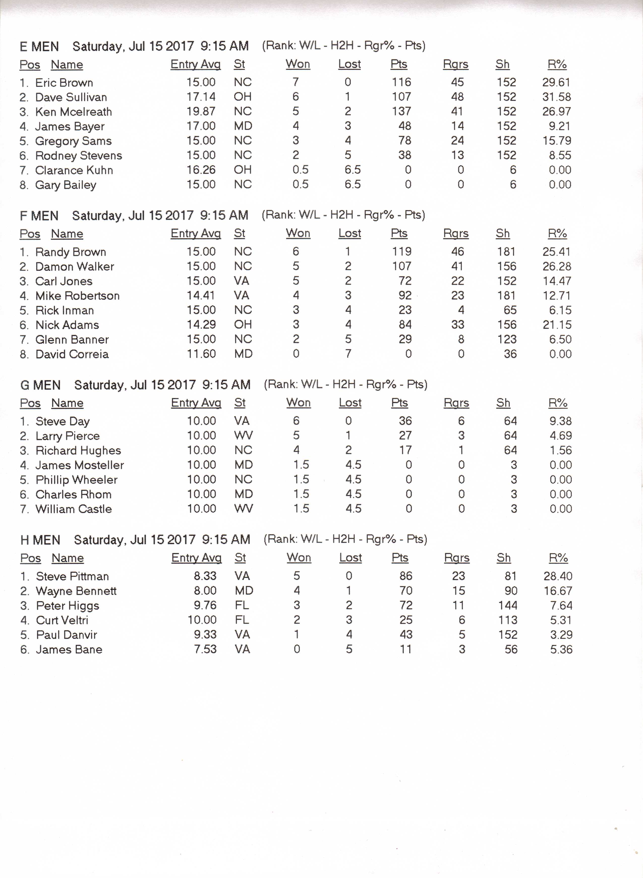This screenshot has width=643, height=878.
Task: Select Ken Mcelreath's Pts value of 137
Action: click(x=401, y=111)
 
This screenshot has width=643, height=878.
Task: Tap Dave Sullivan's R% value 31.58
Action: click(x=556, y=97)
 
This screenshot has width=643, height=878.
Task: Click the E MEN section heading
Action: click(x=39, y=47)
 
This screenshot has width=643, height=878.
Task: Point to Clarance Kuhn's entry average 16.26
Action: click(x=201, y=170)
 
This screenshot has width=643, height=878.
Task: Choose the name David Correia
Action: click(x=72, y=354)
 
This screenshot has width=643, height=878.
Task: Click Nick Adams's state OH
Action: click(x=243, y=324)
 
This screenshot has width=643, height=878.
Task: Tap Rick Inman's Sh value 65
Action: click(x=510, y=310)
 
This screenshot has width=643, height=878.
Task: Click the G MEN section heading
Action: click(x=41, y=385)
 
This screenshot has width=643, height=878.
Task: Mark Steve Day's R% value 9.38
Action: click(x=561, y=421)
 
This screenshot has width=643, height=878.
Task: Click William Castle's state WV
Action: click(x=244, y=508)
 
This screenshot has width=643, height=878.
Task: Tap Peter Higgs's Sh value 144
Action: click(x=508, y=606)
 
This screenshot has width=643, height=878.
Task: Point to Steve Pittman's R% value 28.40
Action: click(x=558, y=576)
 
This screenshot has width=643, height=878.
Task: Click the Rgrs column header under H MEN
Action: click(x=457, y=558)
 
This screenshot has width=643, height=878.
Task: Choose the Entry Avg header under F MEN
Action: click(x=196, y=234)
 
